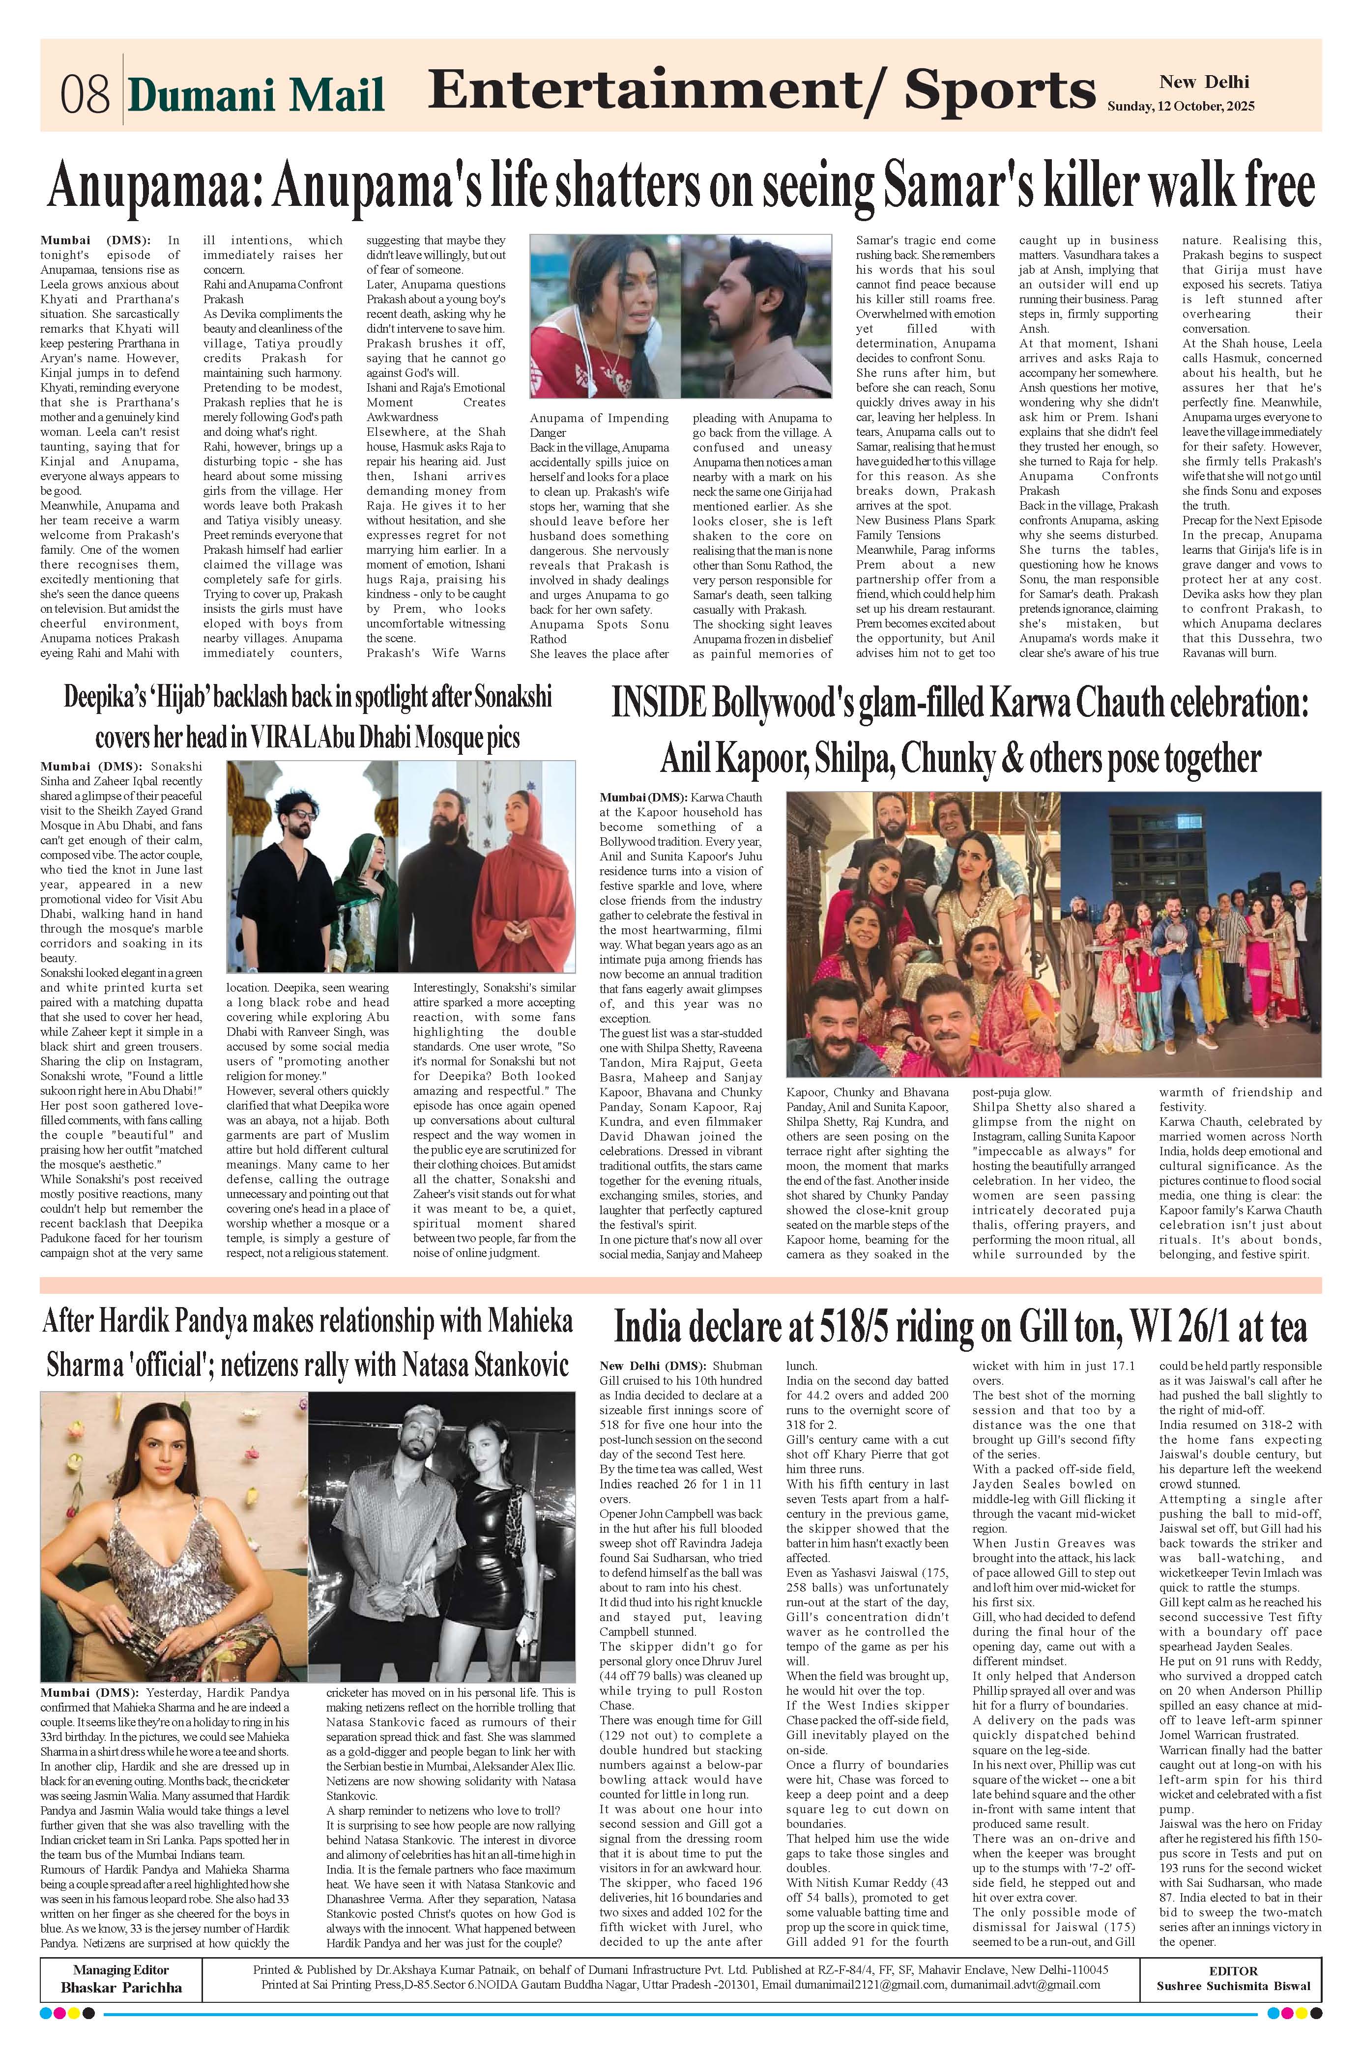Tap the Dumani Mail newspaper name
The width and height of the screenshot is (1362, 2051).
(256, 95)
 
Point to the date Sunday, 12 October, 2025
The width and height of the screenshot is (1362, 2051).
(1181, 107)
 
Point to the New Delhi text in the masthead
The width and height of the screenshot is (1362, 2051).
(1204, 83)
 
